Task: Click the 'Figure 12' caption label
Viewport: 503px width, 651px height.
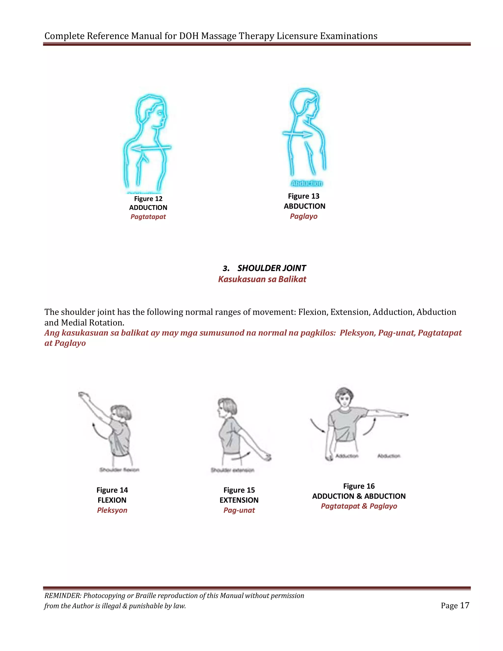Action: (148, 198)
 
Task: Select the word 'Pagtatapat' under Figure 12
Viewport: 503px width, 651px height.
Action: (148, 217)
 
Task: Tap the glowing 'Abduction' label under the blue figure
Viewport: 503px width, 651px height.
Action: (307, 183)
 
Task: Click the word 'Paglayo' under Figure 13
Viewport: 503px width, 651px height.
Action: (304, 216)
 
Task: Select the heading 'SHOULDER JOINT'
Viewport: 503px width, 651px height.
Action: (271, 268)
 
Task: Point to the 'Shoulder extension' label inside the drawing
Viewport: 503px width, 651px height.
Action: (232, 470)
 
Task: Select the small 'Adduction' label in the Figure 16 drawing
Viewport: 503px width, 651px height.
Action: (347, 456)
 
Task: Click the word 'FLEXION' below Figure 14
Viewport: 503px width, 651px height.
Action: (112, 500)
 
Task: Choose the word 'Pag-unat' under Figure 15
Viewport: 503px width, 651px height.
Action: (239, 510)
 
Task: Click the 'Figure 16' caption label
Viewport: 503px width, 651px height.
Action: (359, 486)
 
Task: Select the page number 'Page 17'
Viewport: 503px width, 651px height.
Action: (455, 605)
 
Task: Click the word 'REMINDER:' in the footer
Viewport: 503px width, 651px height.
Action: (63, 595)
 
